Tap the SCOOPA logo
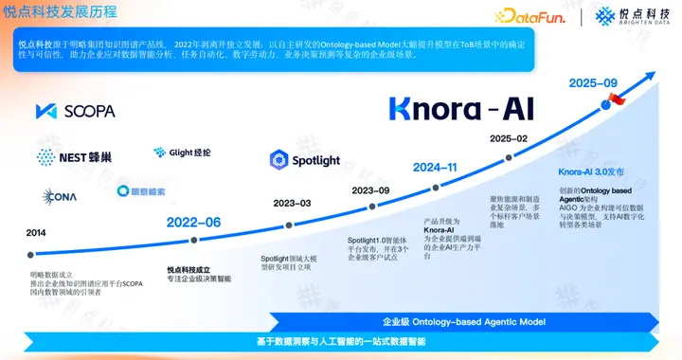[x=75, y=111]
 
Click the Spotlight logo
[x=304, y=160]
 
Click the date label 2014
[x=36, y=232]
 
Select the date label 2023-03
[x=292, y=204]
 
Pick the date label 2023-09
[x=370, y=190]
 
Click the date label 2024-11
[x=436, y=168]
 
